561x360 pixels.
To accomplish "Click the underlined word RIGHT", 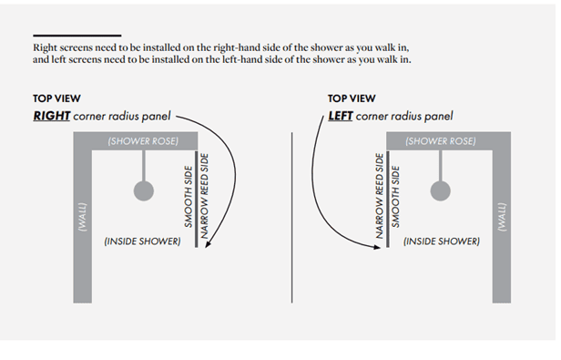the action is point(52,116).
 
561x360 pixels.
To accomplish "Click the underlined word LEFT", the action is point(341,116).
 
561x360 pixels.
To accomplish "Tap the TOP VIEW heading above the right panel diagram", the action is point(56,98).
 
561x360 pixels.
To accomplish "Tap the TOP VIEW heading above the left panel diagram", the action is point(352,98).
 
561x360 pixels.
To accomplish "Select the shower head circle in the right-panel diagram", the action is point(144,190).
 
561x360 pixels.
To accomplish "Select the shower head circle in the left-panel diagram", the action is point(441,190).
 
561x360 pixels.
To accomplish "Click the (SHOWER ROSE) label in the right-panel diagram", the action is point(143,141).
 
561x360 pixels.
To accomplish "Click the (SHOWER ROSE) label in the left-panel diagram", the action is point(441,141).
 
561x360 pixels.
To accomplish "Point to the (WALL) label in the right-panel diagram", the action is point(82,218).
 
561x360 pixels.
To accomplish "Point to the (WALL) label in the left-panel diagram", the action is point(502,218).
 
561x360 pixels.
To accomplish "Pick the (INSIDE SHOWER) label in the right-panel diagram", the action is point(142,242).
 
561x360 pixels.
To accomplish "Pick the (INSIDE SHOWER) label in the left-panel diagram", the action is point(442,242).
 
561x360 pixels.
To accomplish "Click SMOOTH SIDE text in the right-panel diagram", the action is point(189,197).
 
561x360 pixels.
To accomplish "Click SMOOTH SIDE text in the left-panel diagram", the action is point(395,197).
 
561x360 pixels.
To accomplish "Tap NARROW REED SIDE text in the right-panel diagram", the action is point(204,196).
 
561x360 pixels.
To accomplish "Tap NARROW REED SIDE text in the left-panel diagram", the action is point(379,196).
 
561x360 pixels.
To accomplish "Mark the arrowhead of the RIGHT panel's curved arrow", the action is point(208,244).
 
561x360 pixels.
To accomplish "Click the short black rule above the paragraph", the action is point(77,36).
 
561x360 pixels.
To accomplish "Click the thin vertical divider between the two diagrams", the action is point(292,218).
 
